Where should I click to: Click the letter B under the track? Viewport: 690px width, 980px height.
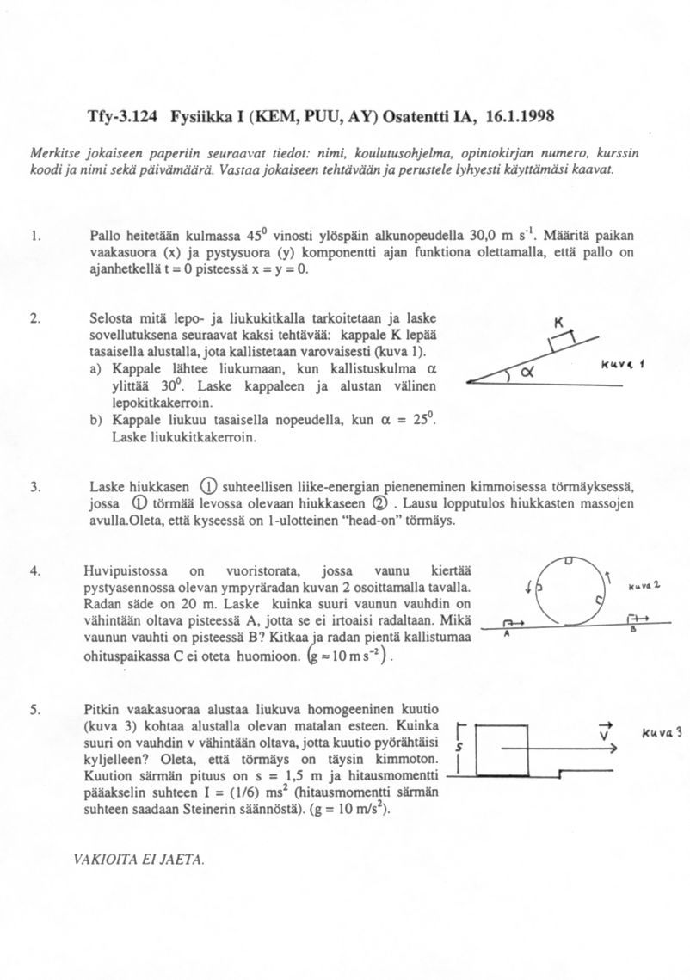coord(632,630)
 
